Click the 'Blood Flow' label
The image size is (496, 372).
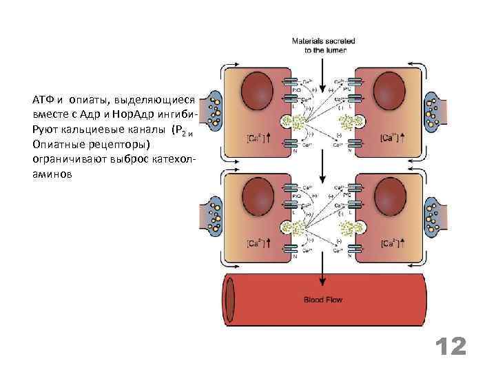[323, 300]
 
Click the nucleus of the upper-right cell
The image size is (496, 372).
[391, 90]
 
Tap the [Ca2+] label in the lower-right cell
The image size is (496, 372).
[390, 244]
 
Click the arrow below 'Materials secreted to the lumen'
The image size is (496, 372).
[322, 62]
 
